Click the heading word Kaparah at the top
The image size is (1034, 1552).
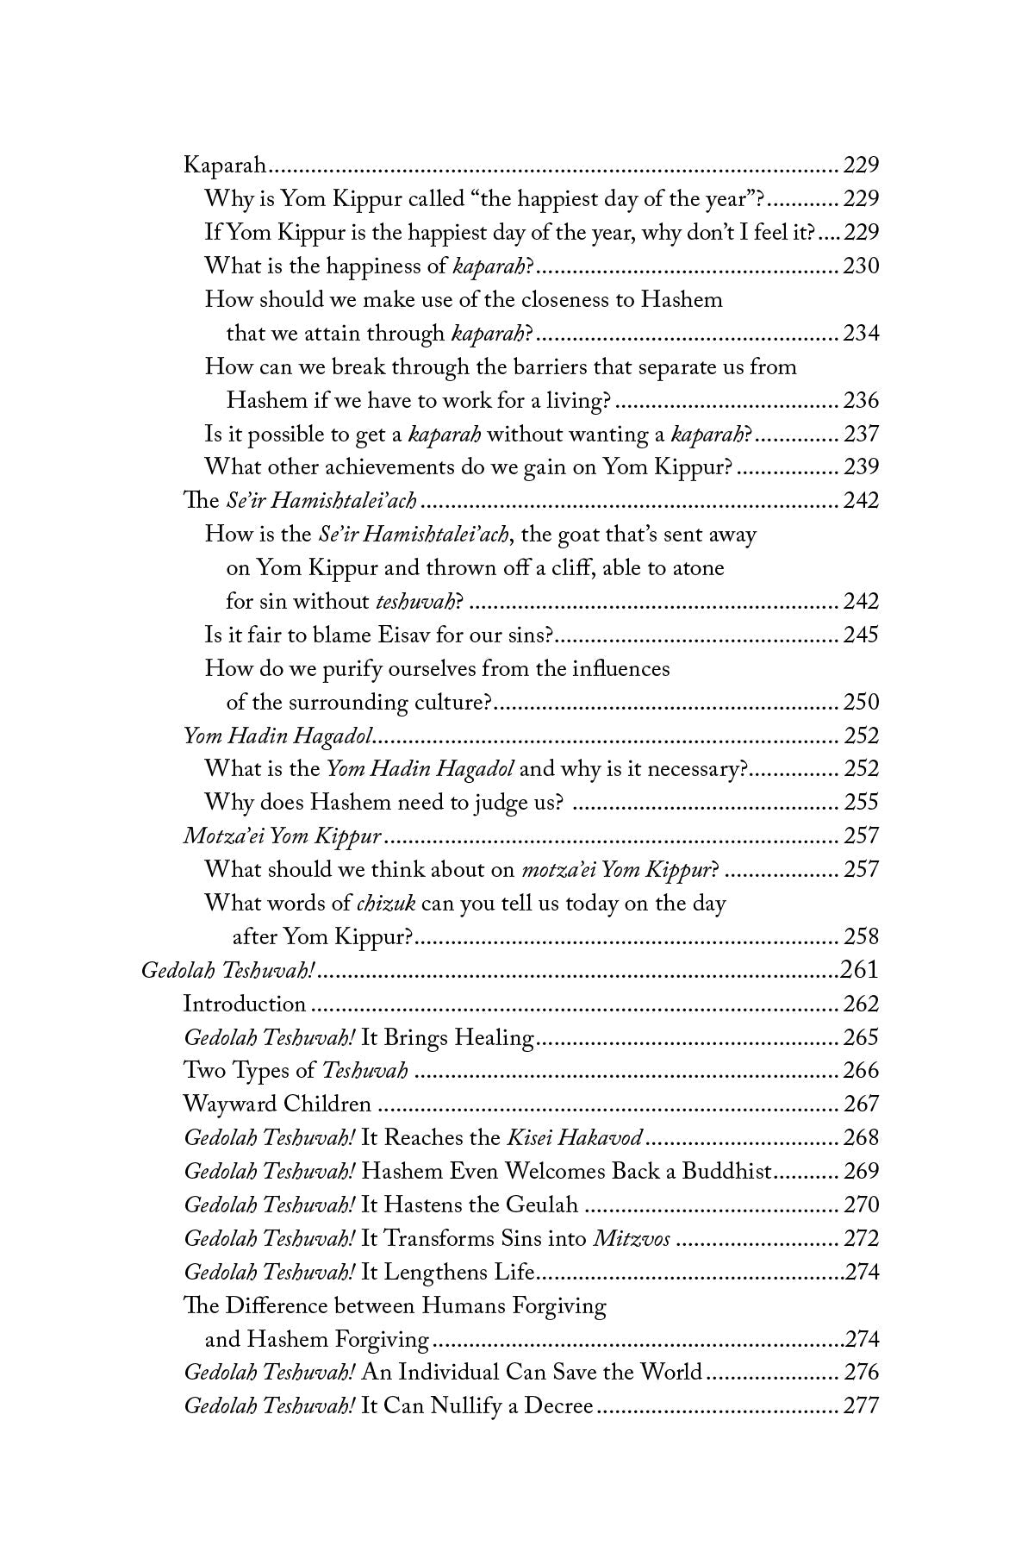[223, 166]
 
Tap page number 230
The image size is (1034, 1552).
[861, 266]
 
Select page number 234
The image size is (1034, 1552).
[861, 334]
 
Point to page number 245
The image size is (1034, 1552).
[861, 635]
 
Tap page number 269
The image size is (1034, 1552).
[861, 1172]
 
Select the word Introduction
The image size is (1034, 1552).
[245, 1004]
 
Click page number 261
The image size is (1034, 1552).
[859, 971]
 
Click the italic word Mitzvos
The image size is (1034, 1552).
[632, 1239]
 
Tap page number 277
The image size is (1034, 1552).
[861, 1406]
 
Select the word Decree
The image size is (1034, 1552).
[559, 1406]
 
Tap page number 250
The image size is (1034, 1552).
[861, 703]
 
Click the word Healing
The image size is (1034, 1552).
[495, 1038]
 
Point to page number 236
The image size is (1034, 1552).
[861, 401]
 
